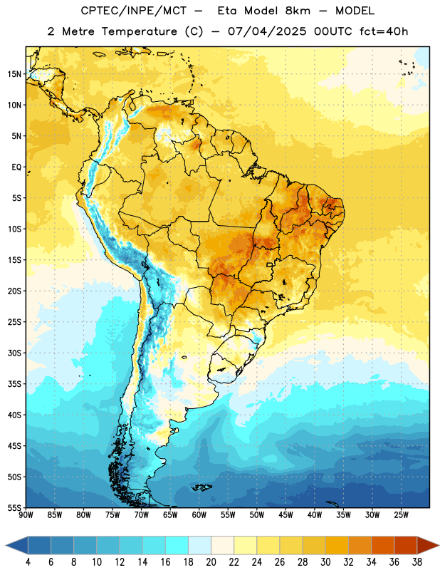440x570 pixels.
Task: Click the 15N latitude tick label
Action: [x=14, y=74]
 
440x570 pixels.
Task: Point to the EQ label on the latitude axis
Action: [x=16, y=167]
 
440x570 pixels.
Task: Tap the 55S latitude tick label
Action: [x=14, y=507]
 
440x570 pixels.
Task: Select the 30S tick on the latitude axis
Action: [x=14, y=353]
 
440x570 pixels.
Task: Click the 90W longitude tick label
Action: [x=26, y=515]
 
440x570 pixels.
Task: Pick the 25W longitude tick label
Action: [x=401, y=515]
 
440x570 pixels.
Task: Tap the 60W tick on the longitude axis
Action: [x=199, y=515]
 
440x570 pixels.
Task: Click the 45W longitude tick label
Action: [x=286, y=515]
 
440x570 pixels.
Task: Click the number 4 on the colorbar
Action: [x=28, y=562]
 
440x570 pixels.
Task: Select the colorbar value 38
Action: [x=417, y=562]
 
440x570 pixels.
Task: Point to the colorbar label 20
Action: [x=211, y=562]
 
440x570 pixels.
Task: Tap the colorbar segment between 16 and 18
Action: [x=177, y=546]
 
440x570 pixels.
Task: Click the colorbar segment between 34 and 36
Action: [x=382, y=546]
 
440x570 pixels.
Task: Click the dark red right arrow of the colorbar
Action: [x=428, y=546]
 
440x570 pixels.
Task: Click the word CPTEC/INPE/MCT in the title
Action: [x=133, y=11]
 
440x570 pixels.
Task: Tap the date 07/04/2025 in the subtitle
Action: [x=267, y=31]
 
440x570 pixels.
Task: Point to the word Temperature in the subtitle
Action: [x=140, y=32]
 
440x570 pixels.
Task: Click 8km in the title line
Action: [x=298, y=11]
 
